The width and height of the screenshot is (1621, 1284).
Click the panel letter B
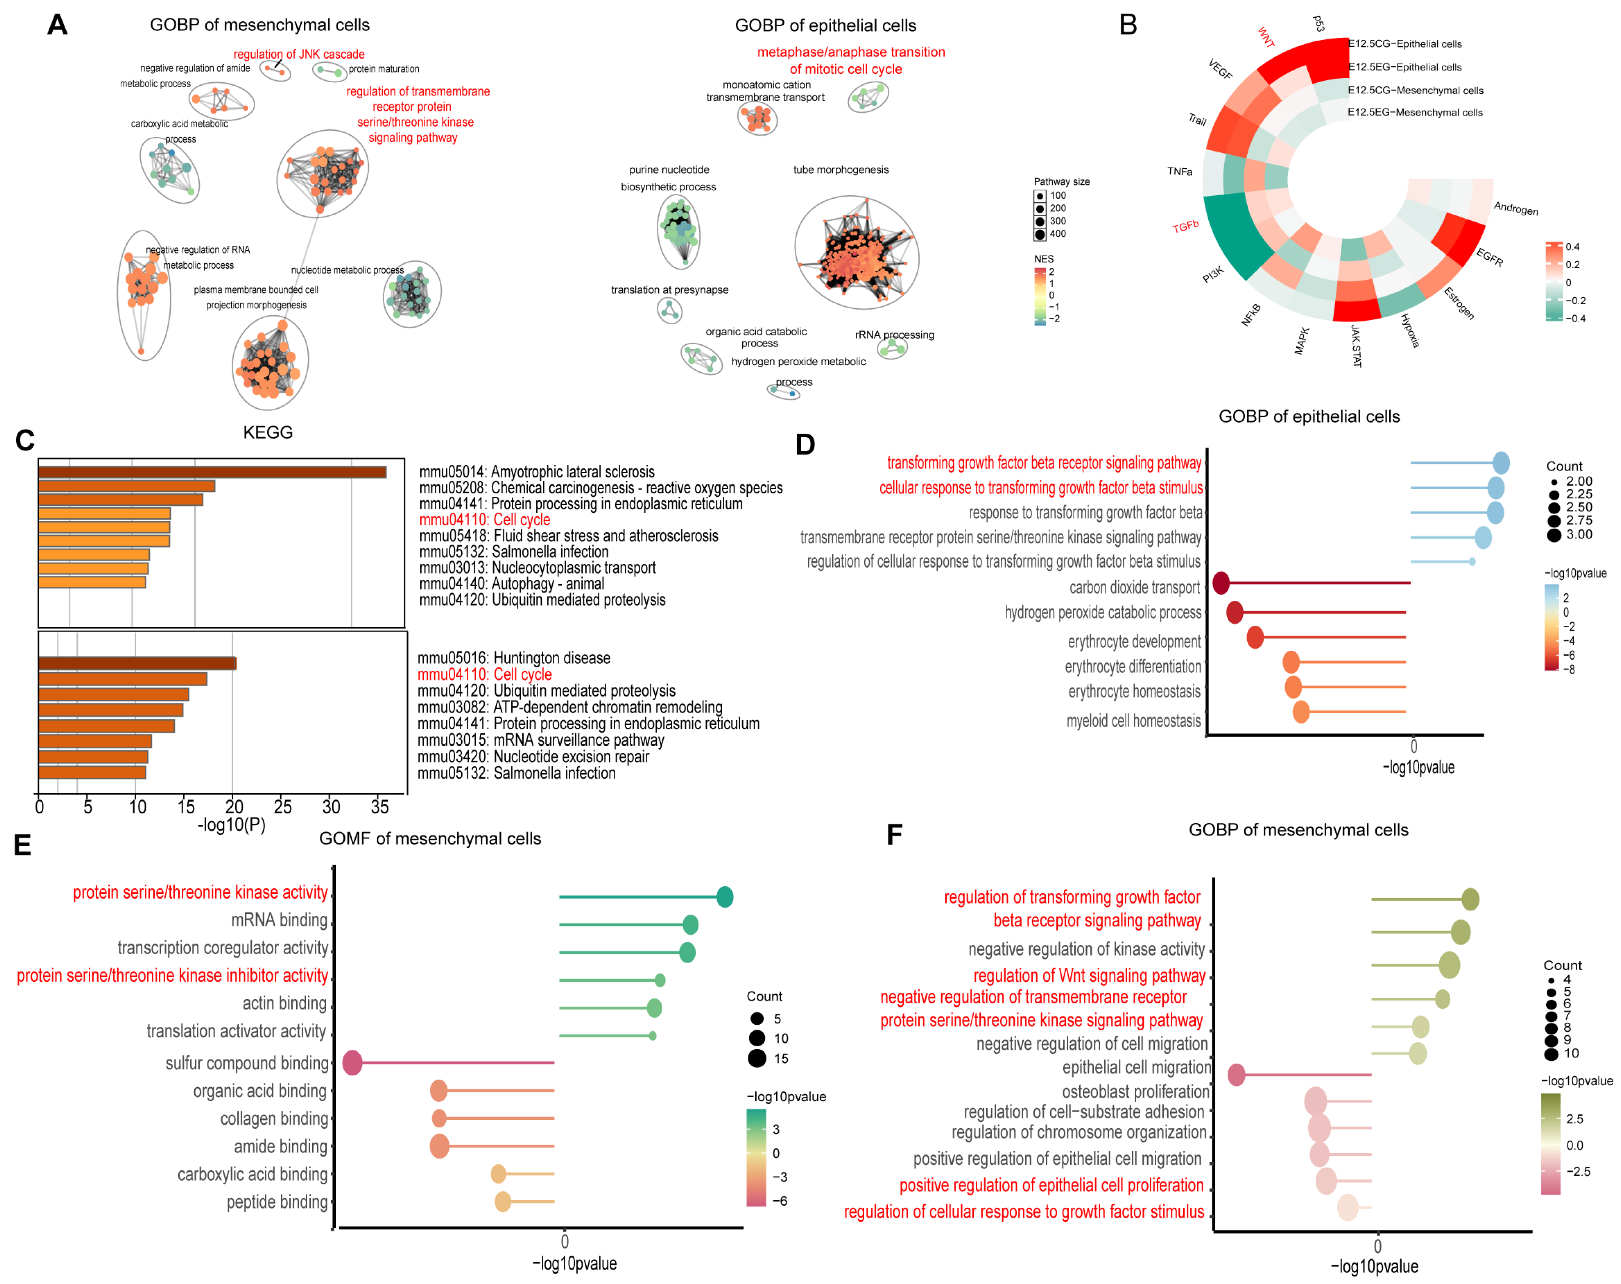click(x=1128, y=25)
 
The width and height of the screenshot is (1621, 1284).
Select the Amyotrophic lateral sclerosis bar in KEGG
click(x=212, y=472)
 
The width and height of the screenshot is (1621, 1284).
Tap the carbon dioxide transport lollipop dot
click(x=1221, y=582)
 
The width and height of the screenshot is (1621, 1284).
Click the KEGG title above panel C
click(x=268, y=432)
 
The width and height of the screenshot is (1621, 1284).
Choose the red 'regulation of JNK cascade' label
click(x=299, y=54)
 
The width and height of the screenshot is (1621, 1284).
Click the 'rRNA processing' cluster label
click(x=894, y=334)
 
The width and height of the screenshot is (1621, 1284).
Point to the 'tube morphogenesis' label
click(x=841, y=170)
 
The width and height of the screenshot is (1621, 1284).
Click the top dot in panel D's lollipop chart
click(x=1501, y=463)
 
